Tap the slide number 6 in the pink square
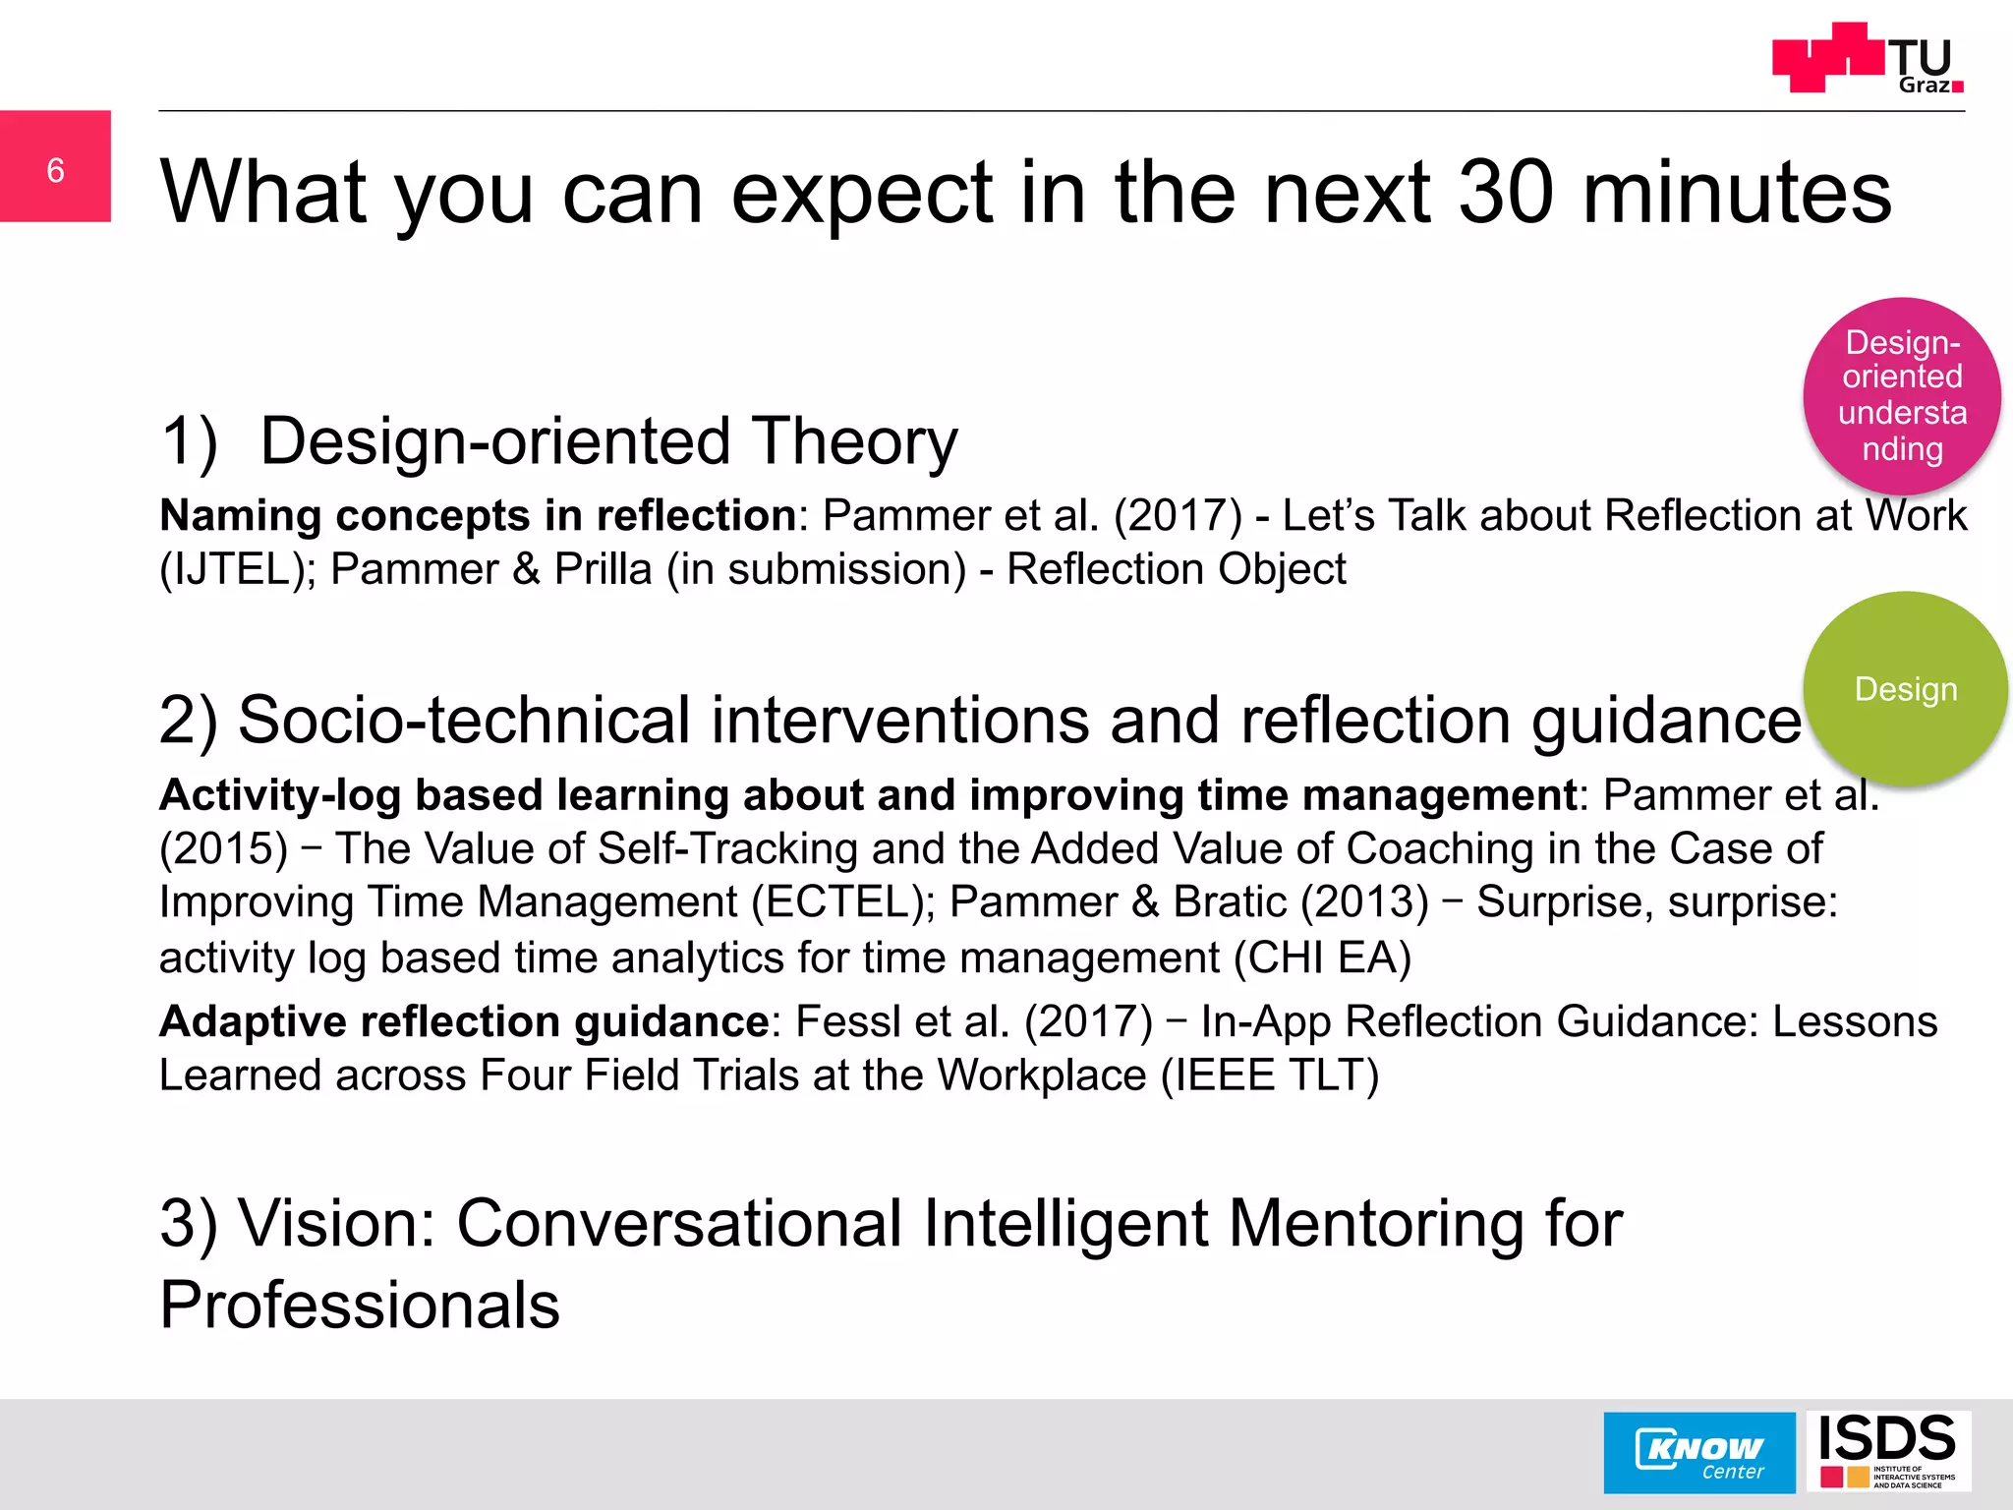click(56, 170)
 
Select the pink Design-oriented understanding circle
click(1902, 395)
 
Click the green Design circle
click(1905, 689)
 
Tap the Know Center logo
click(1698, 1453)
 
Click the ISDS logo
click(1887, 1451)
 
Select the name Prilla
click(603, 570)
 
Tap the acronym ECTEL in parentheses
click(842, 902)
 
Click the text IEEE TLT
click(1269, 1075)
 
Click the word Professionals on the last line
click(360, 1307)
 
